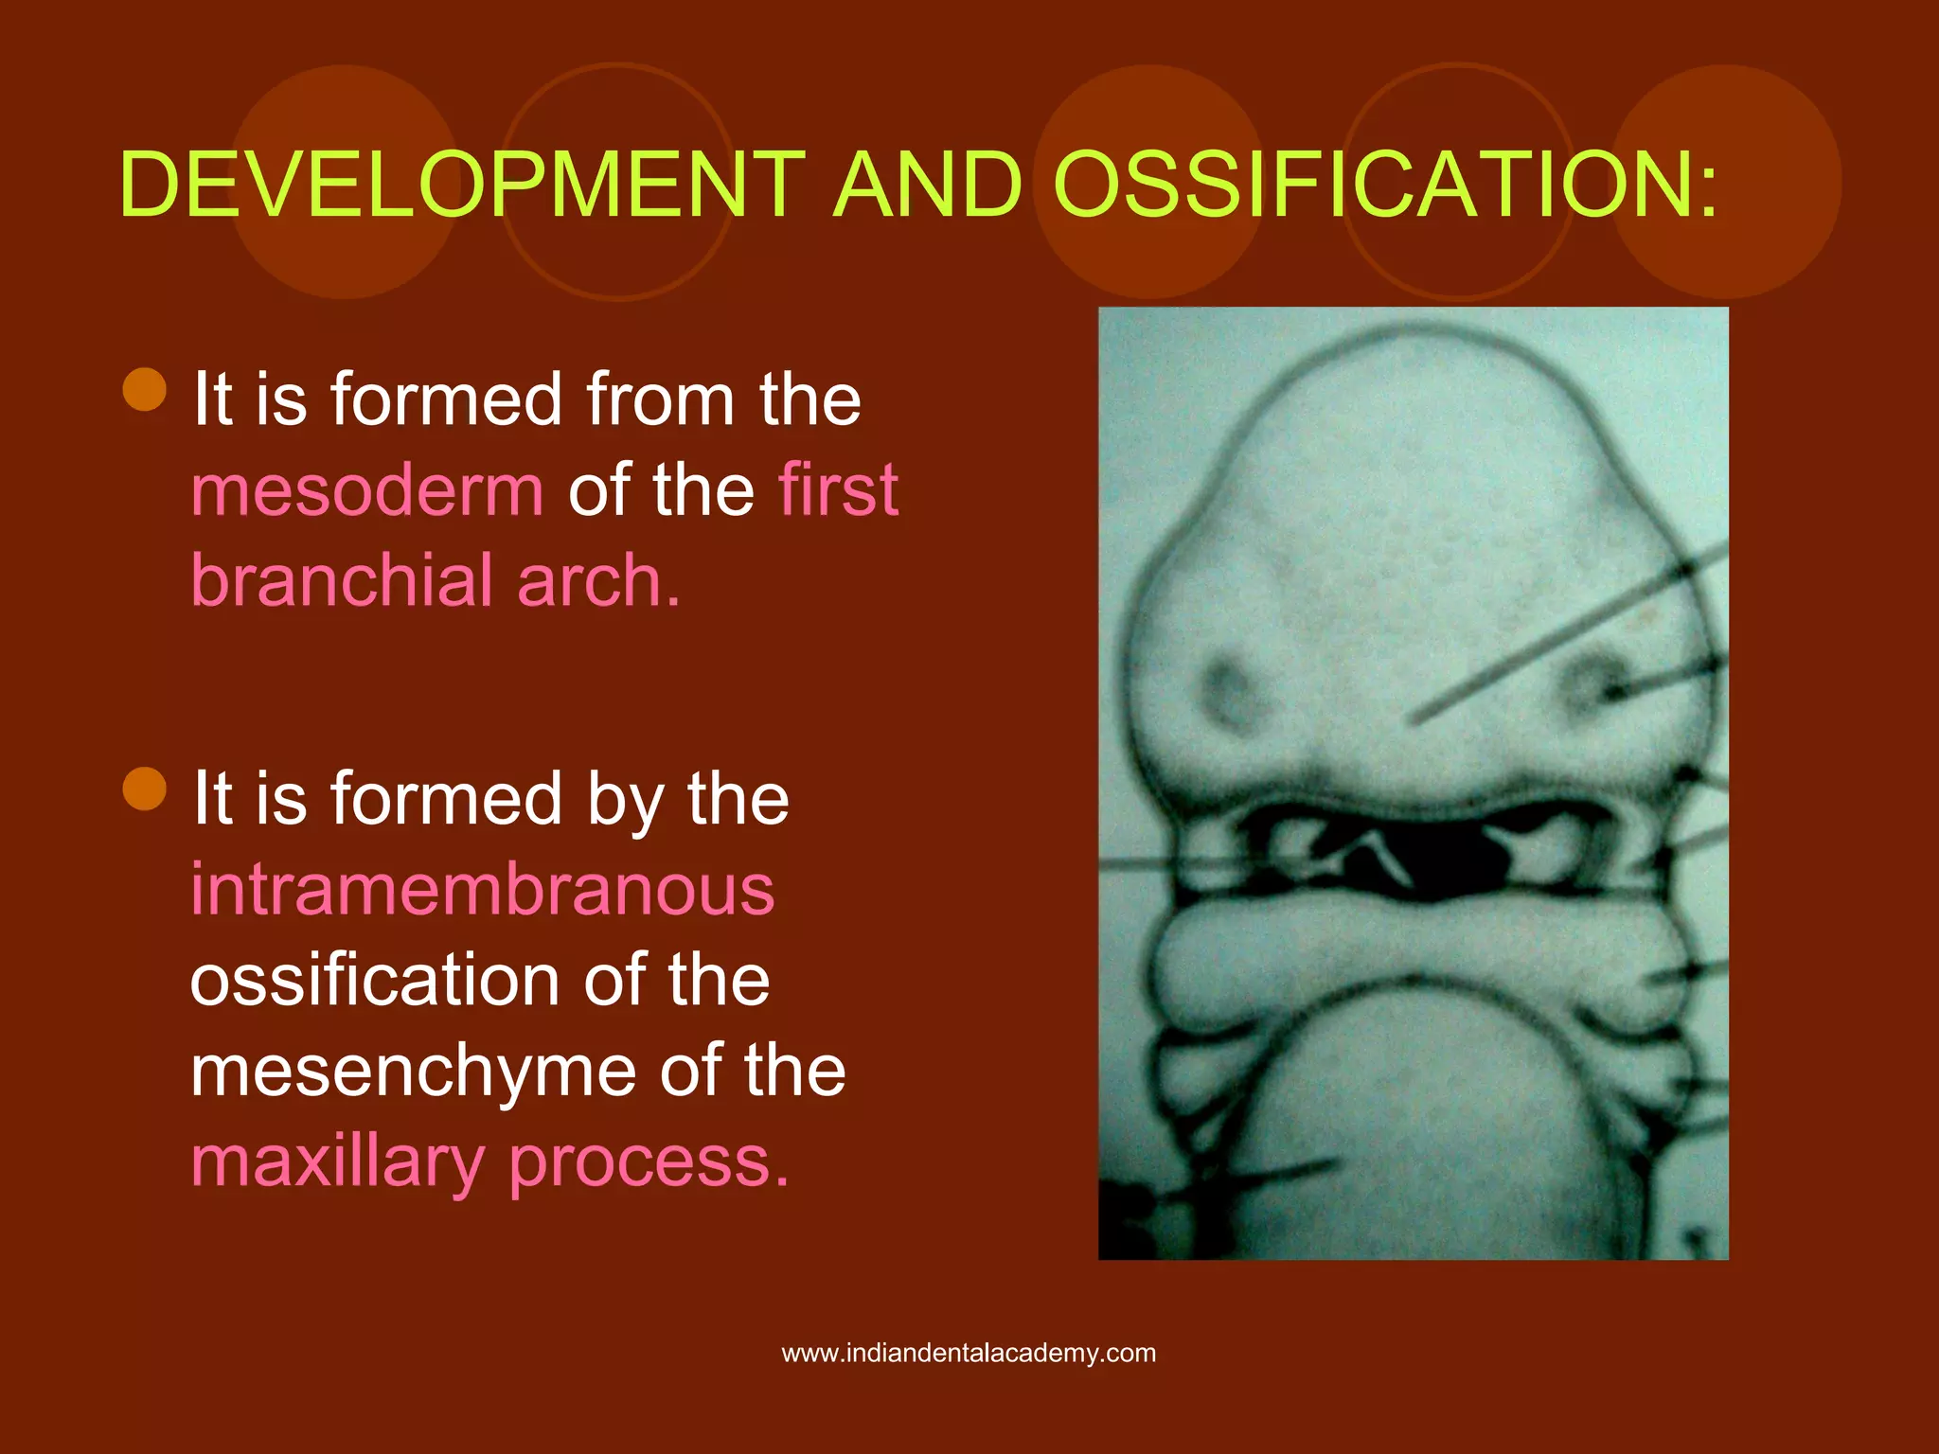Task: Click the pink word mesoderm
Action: pos(367,490)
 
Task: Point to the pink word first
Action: pos(837,490)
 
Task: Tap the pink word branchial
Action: pos(343,580)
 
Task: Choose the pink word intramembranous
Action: pos(483,890)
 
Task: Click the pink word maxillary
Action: pos(337,1162)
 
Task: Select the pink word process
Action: pos(649,1162)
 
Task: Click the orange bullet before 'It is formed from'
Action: pos(145,389)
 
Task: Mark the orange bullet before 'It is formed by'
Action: pos(145,789)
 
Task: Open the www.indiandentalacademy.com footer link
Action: pos(969,1353)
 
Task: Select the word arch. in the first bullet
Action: pos(598,580)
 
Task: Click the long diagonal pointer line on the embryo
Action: pos(1562,634)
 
